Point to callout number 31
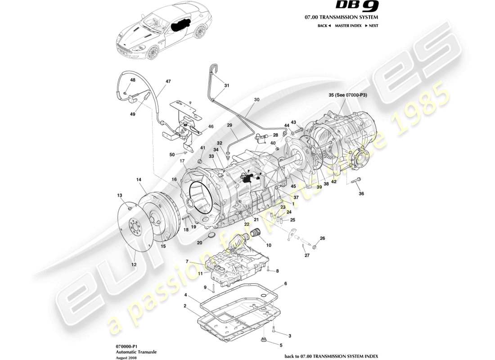pyautogui.click(x=226, y=85)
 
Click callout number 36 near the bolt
pyautogui.click(x=361, y=193)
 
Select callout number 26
pyautogui.click(x=322, y=238)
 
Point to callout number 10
pyautogui.click(x=269, y=245)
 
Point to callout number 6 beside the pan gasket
pyautogui.click(x=285, y=284)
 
